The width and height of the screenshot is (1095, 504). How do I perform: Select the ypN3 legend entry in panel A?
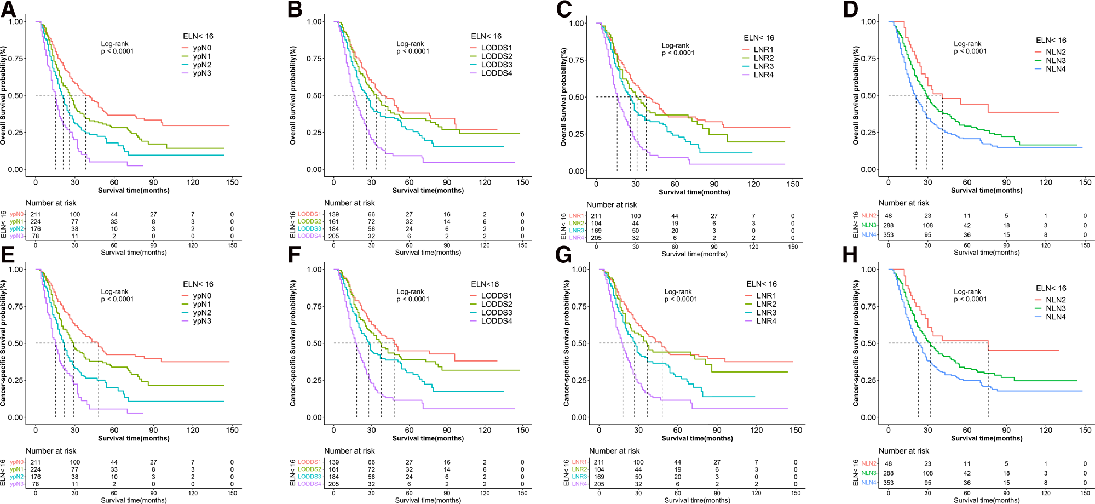coord(201,73)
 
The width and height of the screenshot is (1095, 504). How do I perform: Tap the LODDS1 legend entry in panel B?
coord(496,48)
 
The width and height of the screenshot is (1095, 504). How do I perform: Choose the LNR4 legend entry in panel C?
coord(763,75)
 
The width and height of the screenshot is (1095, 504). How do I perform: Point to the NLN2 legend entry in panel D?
coord(1056,52)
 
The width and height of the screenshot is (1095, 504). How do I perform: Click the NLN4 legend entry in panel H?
coord(1056,317)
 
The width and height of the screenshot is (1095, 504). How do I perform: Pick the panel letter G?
coord(563,255)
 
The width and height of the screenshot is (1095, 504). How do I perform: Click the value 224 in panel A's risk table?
coord(36,222)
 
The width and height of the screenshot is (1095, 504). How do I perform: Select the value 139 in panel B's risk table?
coord(333,215)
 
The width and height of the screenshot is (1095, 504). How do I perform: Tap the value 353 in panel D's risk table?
coord(888,235)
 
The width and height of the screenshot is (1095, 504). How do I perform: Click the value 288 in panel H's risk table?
coord(888,473)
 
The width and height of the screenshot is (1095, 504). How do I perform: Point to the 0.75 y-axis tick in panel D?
coord(869,59)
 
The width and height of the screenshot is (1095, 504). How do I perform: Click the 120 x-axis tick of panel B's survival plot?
coord(485,182)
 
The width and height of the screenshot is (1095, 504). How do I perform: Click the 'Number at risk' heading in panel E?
coord(51,451)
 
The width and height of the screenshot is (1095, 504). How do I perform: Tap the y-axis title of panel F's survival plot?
coord(293,343)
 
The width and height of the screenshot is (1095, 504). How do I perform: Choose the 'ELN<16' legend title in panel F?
coord(485,284)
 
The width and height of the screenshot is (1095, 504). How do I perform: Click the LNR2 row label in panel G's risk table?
coord(579,469)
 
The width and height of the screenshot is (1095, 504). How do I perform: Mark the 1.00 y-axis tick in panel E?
coord(16,270)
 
